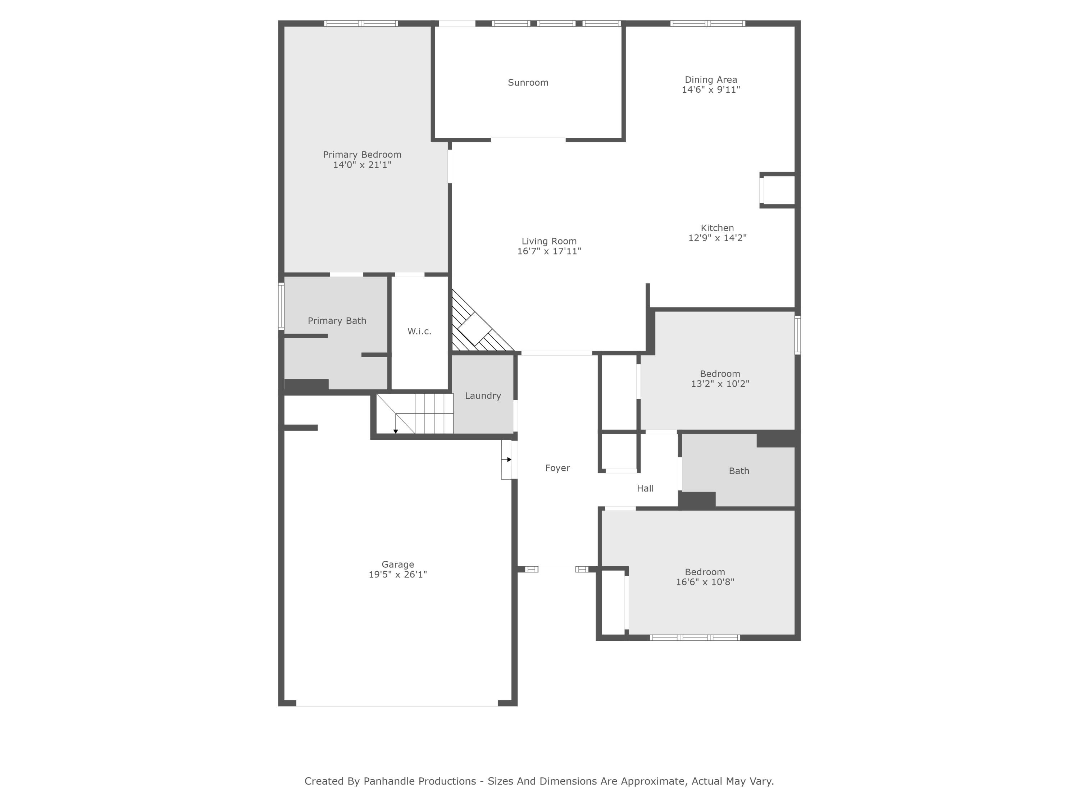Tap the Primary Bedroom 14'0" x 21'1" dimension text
pyautogui.click(x=362, y=165)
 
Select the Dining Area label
pyautogui.click(x=711, y=79)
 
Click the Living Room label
pyautogui.click(x=549, y=241)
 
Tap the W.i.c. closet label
pyautogui.click(x=419, y=332)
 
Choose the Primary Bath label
pyautogui.click(x=337, y=321)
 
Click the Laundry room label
pyautogui.click(x=482, y=396)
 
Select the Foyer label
pyautogui.click(x=557, y=468)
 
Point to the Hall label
pyautogui.click(x=645, y=489)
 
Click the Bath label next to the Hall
pyautogui.click(x=738, y=471)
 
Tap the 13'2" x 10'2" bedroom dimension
pyautogui.click(x=719, y=384)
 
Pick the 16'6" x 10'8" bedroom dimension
pyautogui.click(x=704, y=582)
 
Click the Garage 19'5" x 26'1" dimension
pyautogui.click(x=397, y=575)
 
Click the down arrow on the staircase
pyautogui.click(x=396, y=431)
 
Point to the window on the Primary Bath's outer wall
pyautogui.click(x=281, y=306)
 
